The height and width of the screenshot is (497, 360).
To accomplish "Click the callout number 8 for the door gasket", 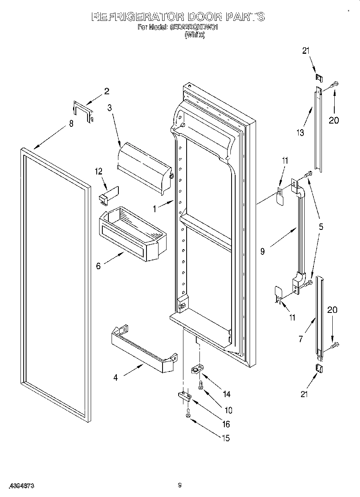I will pyautogui.click(x=71, y=124).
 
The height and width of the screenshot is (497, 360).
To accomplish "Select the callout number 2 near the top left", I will pyautogui.click(x=106, y=91).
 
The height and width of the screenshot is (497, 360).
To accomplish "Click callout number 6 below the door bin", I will pyautogui.click(x=98, y=266).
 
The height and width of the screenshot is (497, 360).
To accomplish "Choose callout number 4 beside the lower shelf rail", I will pyautogui.click(x=116, y=377).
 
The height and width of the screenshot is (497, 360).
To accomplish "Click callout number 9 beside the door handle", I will pyautogui.click(x=262, y=252).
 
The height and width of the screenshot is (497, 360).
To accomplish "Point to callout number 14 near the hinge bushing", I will pyautogui.click(x=226, y=394).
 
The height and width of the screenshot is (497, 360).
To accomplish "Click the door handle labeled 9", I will pyautogui.click(x=299, y=233).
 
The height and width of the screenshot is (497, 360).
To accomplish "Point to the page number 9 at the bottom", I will pyautogui.click(x=180, y=486).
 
